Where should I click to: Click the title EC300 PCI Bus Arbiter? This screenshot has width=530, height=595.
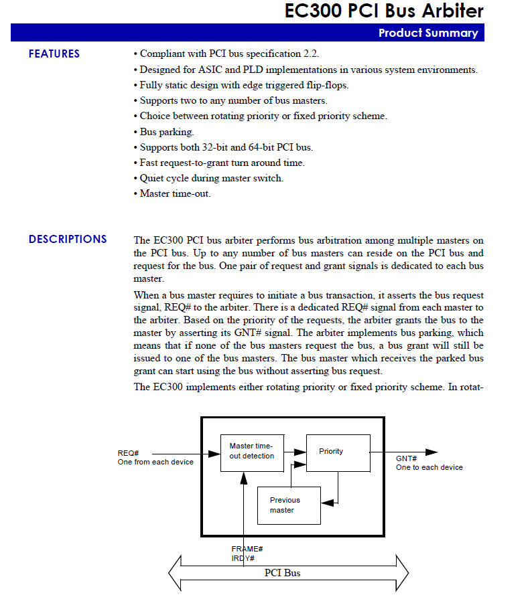[384, 11]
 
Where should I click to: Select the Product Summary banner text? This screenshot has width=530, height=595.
[428, 33]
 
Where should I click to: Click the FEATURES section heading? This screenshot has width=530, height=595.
[54, 54]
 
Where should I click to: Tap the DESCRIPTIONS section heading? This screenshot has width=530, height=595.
[68, 239]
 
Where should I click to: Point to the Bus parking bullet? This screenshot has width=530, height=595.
[166, 132]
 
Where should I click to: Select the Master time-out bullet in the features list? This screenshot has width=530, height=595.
[174, 193]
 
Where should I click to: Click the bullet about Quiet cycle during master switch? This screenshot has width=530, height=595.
[210, 178]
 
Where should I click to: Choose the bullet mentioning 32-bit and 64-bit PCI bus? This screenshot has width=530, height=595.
[225, 147]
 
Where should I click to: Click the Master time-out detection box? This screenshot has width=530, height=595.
[252, 452]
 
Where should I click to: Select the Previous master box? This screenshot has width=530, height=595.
[289, 505]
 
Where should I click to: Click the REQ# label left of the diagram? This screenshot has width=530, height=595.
[128, 453]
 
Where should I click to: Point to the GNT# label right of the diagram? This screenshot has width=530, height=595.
[407, 458]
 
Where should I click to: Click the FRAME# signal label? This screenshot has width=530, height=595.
[247, 549]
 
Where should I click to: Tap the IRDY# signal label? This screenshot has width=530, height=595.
[243, 558]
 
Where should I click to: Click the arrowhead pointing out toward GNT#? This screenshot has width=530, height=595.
[431, 452]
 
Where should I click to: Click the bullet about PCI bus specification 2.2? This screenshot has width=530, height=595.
[224, 54]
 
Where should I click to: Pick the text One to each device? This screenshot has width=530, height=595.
[429, 467]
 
